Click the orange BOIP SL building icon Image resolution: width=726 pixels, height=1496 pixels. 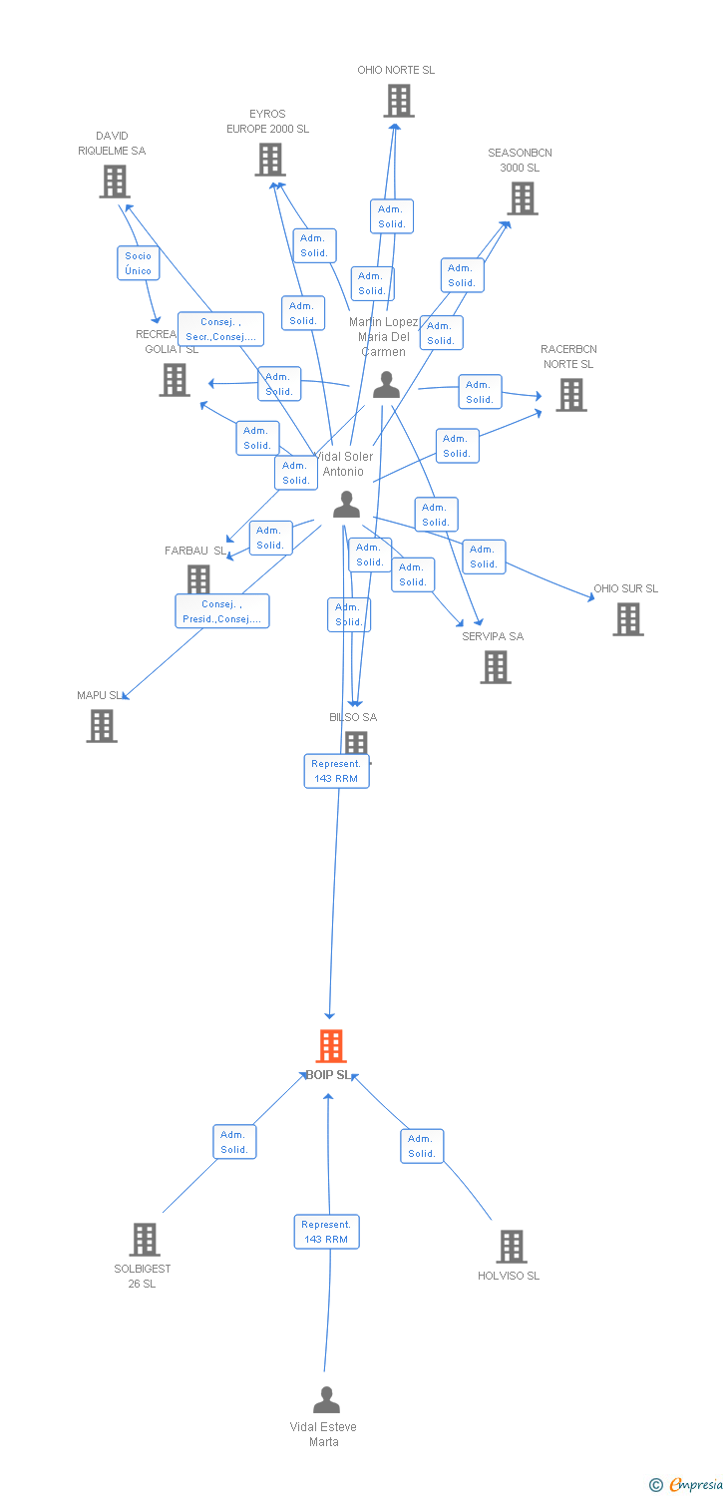pos(331,1046)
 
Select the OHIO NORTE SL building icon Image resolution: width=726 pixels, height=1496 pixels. pos(399,101)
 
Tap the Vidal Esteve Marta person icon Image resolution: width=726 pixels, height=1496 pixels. pos(326,1400)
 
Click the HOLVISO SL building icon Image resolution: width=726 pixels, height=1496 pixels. pos(512,1247)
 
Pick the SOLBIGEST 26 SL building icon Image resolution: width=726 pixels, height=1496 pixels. pos(145,1240)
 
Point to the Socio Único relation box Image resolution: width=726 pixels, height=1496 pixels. pos(139,263)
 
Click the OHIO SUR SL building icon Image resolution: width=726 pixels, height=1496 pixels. pos(627,619)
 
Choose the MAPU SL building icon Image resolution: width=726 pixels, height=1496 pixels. pos(102,725)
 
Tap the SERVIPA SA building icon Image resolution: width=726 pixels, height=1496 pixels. pos(496,667)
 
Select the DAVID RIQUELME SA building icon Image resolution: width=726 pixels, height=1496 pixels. pos(115,182)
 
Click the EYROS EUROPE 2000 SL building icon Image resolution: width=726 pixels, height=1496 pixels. pos(270,160)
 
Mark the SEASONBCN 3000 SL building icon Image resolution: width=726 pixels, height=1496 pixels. pos(523,198)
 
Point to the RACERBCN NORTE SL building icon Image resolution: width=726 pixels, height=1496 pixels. pos(571,395)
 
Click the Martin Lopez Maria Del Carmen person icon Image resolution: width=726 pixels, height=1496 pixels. pos(386,385)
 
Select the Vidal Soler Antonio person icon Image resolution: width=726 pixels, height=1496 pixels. pos(346,505)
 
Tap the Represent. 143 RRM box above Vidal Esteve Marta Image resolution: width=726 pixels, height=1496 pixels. pos(326,1232)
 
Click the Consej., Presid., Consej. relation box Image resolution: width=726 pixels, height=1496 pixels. pos(222,611)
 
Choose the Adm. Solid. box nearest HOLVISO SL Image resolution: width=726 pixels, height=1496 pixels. pos(422,1146)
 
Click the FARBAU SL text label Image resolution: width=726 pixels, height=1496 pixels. pos(195,551)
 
